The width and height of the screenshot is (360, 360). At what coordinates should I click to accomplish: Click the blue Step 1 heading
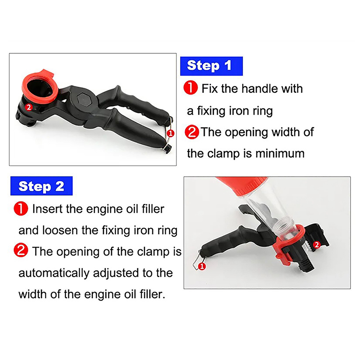tap(211, 66)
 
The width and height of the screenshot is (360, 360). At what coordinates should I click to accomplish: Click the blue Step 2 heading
tap(41, 186)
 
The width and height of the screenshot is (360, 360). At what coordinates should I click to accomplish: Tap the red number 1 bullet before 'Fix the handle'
tap(190, 88)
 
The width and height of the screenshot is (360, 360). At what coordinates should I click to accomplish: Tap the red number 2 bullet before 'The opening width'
tap(192, 132)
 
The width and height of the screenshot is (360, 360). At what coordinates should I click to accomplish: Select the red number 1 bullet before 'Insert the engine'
tap(21, 208)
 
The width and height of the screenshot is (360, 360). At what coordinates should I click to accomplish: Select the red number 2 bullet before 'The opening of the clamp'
tap(21, 251)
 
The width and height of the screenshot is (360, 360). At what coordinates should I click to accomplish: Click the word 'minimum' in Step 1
tap(280, 153)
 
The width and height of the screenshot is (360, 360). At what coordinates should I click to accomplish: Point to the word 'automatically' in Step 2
tap(54, 273)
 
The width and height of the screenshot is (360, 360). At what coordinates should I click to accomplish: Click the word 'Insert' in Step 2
tap(48, 209)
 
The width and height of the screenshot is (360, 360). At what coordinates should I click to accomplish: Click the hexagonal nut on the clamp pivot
tap(84, 99)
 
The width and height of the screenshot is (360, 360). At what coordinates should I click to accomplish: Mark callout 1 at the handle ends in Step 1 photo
tap(171, 133)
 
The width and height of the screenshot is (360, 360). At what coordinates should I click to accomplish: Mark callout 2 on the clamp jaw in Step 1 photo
tap(29, 107)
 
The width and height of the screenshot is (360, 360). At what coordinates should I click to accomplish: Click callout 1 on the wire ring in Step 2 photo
tap(202, 266)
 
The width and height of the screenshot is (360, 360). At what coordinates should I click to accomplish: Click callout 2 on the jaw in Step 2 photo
tap(317, 245)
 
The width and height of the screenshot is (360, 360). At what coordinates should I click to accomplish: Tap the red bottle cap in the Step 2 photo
tap(241, 184)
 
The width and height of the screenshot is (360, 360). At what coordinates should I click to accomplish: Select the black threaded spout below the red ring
tap(306, 264)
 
